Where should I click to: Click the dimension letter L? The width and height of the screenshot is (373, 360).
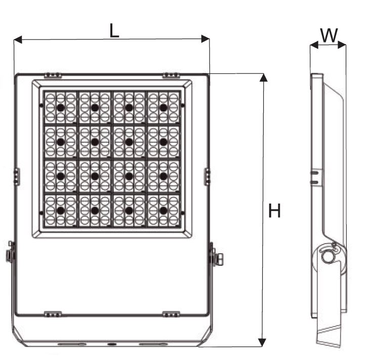[x=114, y=31]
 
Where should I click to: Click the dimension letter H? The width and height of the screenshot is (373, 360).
[x=274, y=211]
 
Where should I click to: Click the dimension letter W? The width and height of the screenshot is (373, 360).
[x=329, y=35]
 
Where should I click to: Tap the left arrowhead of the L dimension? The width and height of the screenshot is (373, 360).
[x=18, y=39]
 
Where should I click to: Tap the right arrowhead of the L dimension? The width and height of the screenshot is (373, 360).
[x=205, y=39]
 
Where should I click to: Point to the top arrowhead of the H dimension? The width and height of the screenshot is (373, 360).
[x=263, y=77]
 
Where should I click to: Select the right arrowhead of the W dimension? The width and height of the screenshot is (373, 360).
[x=342, y=45]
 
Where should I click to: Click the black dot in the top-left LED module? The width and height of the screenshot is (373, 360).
[x=61, y=108]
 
